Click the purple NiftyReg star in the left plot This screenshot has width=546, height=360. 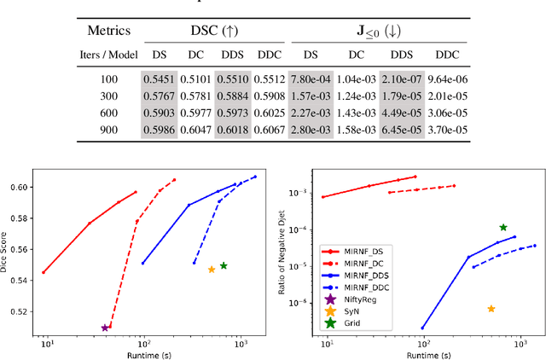coord(105,328)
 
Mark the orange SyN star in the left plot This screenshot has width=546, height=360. coord(212,270)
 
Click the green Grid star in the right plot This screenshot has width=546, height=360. coord(503,228)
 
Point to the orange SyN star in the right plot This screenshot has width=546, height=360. coord(491,309)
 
